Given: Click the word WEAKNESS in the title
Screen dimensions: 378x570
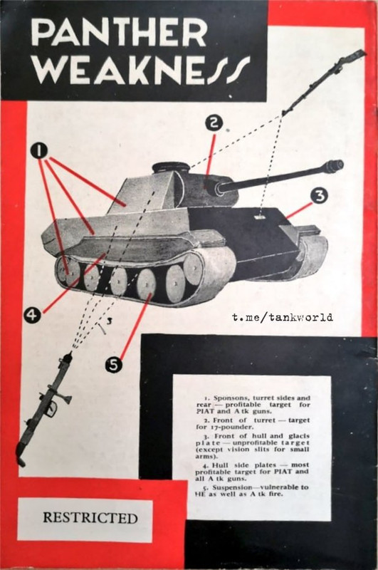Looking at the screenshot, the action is [140, 69].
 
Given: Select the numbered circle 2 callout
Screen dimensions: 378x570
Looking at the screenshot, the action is [214, 123].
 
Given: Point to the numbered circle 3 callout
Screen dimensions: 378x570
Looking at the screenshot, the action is [319, 196].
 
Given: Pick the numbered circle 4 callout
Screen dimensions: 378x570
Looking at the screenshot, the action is [32, 314].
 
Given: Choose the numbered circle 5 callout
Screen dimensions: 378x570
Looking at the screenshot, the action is [114, 364].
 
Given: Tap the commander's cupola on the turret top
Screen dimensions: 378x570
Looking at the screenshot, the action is [171, 168].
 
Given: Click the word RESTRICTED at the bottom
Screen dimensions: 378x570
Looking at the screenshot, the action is [90, 518].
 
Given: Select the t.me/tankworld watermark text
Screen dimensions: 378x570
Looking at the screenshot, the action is [283, 317].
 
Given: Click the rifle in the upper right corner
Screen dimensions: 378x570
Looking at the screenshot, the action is [322, 83].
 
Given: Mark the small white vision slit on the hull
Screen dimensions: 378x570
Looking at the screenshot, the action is [259, 217].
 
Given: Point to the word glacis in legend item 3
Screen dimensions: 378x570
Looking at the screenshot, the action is [299, 436].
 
